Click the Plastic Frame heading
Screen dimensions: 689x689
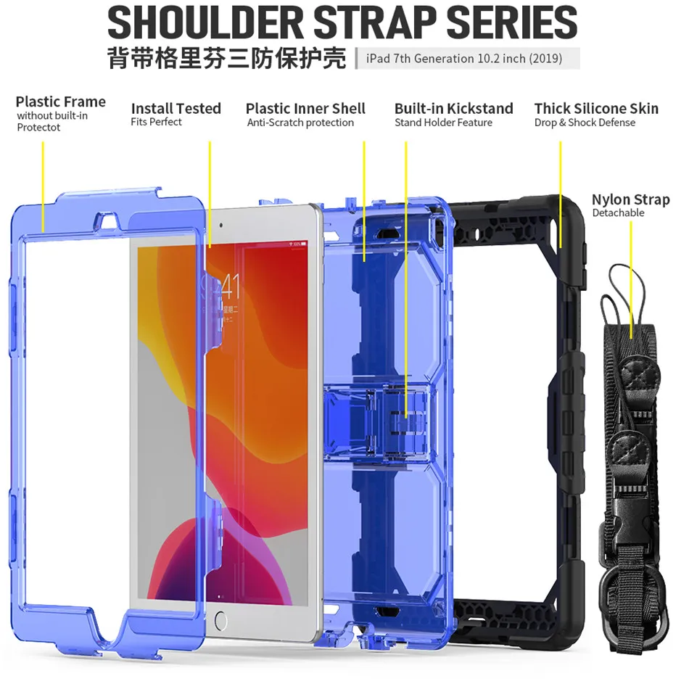pos(61,102)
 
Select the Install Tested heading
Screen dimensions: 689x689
pos(176,108)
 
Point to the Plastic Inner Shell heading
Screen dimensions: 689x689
pos(305,109)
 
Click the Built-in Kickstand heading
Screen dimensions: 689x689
pos(453,109)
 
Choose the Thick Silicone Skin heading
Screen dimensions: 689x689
pos(596,109)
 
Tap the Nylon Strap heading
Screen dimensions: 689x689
pos(630,199)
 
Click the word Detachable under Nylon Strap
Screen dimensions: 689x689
pos(618,213)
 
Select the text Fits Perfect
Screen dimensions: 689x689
pos(156,122)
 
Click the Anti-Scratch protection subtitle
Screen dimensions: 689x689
pos(300,123)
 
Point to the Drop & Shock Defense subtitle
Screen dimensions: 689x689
pos(585,123)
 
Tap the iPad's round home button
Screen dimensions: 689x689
pos(220,621)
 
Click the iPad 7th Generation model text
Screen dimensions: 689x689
pos(464,59)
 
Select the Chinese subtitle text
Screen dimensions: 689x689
pos(226,59)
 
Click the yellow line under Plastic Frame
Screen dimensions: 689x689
pos(43,185)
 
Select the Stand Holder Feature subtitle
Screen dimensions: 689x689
pos(443,123)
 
